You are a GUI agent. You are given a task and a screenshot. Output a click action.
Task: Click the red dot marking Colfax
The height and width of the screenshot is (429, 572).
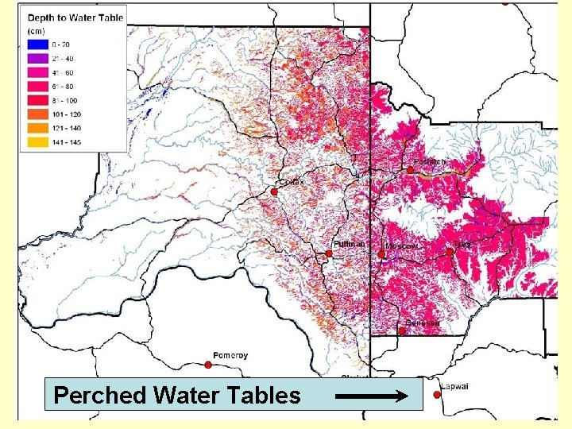(x=272, y=192)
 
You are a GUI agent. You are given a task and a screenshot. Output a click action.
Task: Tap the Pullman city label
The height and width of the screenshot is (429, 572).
(x=349, y=243)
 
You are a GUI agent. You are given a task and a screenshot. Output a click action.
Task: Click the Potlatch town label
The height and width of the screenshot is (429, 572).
(x=430, y=161)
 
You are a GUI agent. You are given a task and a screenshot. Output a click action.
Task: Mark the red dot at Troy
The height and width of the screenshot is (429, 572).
(x=450, y=252)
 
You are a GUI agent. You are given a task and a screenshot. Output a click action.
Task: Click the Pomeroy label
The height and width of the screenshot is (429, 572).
(x=230, y=355)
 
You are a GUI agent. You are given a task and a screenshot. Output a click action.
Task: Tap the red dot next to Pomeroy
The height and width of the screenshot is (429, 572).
(x=208, y=365)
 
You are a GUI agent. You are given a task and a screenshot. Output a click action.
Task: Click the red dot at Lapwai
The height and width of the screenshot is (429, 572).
(x=437, y=395)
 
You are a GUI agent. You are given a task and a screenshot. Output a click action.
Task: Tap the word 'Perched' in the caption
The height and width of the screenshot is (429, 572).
(x=98, y=395)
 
